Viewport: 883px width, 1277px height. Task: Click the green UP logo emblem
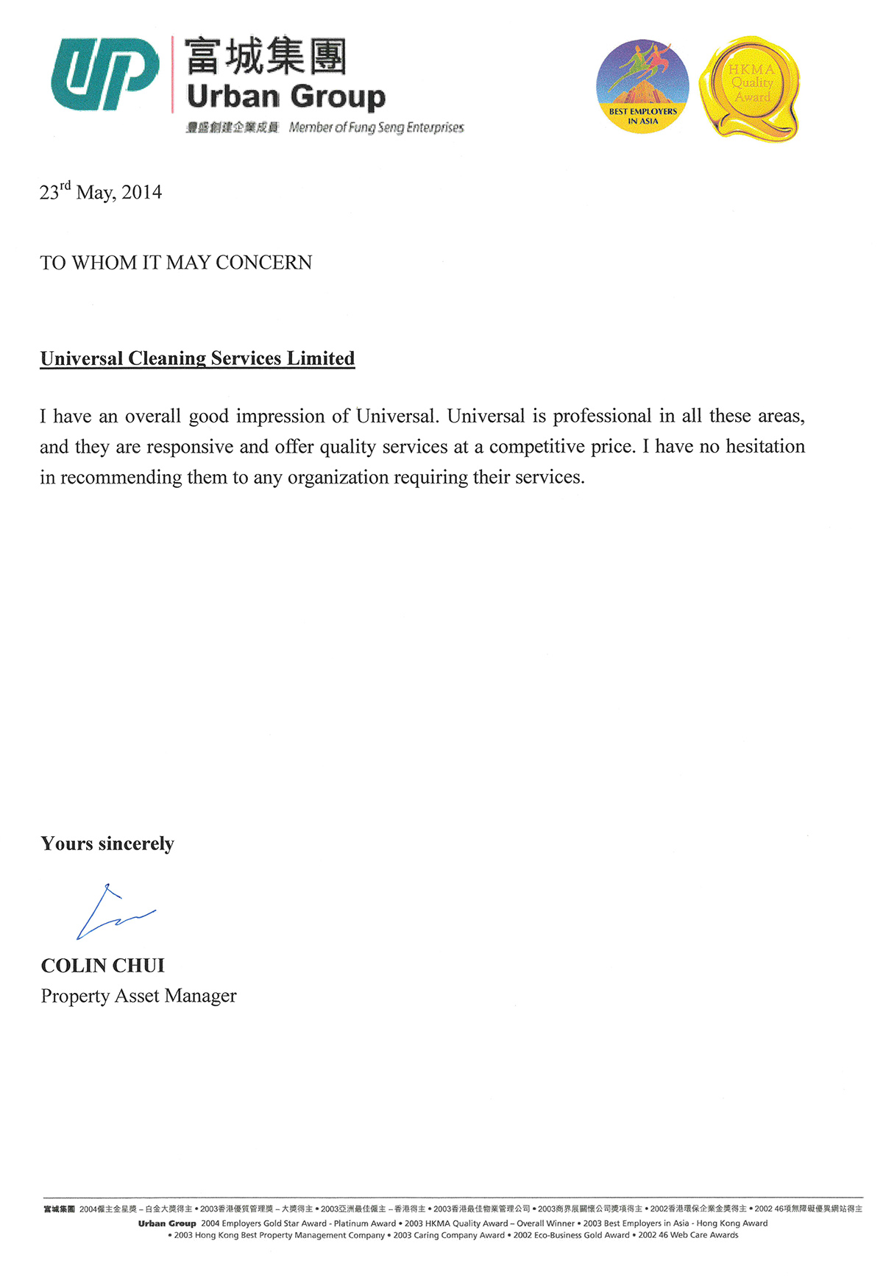104,74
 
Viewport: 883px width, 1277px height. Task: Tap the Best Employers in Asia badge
642,87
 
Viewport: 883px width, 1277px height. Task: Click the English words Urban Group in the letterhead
286,97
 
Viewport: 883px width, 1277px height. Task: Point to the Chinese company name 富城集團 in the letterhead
265,57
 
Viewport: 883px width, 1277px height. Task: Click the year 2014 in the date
142,193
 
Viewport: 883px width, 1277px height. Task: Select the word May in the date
95,194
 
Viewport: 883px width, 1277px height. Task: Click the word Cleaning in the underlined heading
167,358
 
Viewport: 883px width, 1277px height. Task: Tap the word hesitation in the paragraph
765,447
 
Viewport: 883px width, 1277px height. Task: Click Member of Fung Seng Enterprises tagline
376,128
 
